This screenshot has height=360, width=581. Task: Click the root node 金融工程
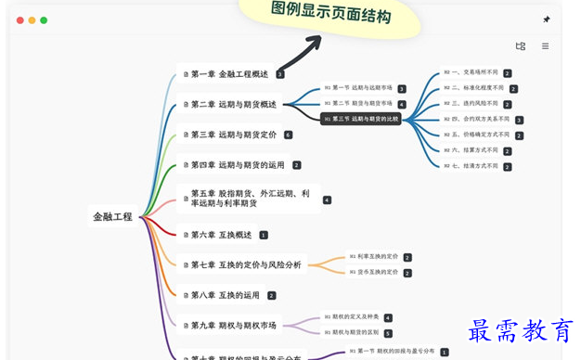tap(112, 216)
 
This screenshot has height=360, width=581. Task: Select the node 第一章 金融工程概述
tap(228, 74)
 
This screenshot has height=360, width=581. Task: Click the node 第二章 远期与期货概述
tap(232, 105)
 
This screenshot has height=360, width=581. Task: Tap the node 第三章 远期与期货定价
tap(233, 135)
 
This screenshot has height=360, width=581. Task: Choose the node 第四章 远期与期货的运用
tap(237, 165)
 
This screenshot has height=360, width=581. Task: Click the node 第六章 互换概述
tap(221, 235)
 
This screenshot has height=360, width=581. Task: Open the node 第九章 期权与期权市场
tap(233, 326)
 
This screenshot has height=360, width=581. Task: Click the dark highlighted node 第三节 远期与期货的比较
tap(361, 119)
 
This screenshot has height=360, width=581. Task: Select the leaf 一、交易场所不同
tap(471, 71)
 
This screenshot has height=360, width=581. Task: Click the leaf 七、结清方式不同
tap(471, 165)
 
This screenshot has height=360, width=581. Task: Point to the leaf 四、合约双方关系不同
tap(476, 119)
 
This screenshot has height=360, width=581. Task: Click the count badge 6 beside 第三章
tap(289, 135)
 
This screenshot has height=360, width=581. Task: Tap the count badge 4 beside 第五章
tap(327, 199)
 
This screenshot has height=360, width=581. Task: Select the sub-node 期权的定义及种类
tap(352, 317)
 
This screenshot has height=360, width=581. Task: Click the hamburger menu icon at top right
tap(545, 45)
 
